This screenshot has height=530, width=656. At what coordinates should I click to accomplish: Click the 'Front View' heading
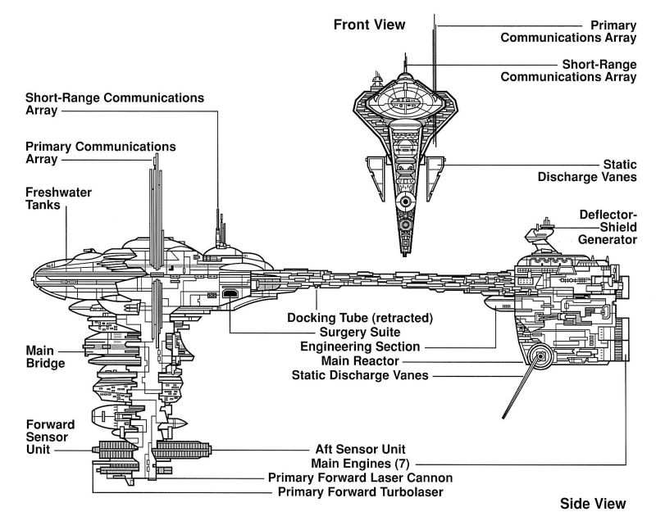click(x=369, y=25)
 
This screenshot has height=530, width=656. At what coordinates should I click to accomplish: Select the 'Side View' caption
click(x=592, y=503)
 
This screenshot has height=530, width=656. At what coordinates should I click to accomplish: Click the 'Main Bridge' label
click(x=45, y=356)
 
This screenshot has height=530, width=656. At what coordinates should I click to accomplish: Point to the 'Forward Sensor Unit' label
click(x=50, y=437)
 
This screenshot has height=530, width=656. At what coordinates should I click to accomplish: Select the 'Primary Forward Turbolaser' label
click(x=361, y=491)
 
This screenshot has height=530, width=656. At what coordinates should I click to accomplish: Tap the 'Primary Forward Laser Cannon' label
click(x=360, y=478)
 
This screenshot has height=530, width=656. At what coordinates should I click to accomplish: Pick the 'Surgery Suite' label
click(x=360, y=333)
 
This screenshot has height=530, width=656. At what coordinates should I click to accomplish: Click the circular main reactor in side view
click(x=539, y=356)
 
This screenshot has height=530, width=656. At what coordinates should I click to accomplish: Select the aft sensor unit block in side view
click(x=182, y=450)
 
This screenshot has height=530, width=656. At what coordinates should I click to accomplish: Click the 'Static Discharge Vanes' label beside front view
click(x=586, y=170)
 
